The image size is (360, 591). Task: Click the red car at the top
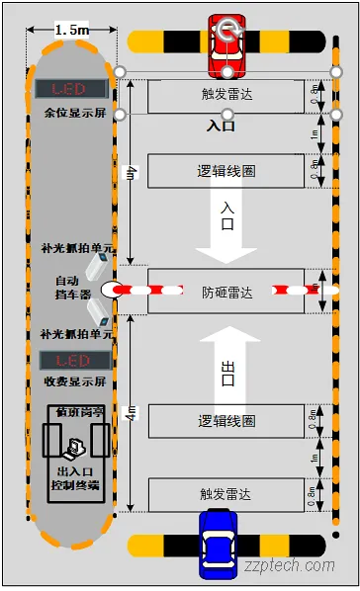pos(227,44)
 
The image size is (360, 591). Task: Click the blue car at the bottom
pos(218,546)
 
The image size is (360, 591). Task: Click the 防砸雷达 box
pos(226,292)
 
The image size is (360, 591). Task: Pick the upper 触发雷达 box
pos(226,97)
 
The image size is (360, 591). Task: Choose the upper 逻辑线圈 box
pos(226,171)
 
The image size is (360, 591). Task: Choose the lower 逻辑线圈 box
pos(226,421)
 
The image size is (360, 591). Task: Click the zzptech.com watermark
pos(293,566)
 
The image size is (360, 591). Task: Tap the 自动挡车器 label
pos(72,288)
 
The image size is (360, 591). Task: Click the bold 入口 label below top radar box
pos(221,126)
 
